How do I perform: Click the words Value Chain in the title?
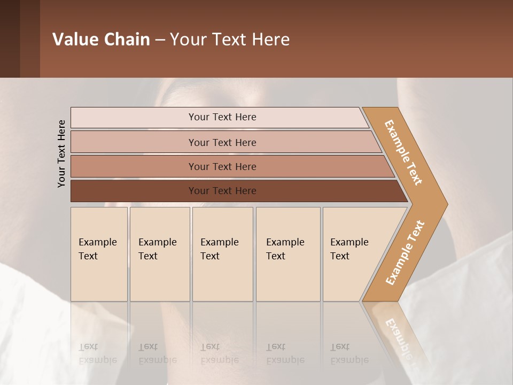(x=101, y=39)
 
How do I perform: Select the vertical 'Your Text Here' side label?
(x=61, y=153)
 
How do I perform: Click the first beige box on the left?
(x=99, y=254)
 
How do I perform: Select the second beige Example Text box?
(x=160, y=254)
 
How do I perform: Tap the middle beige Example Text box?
(x=222, y=254)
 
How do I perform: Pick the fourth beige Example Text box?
(x=288, y=254)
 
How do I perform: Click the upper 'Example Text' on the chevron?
(x=403, y=152)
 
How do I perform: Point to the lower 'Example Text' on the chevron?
(x=405, y=253)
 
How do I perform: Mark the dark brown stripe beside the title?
(x=29, y=38)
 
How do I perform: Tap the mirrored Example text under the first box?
(x=98, y=354)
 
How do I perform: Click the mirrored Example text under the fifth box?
(x=349, y=354)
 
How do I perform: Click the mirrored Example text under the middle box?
(x=220, y=354)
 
